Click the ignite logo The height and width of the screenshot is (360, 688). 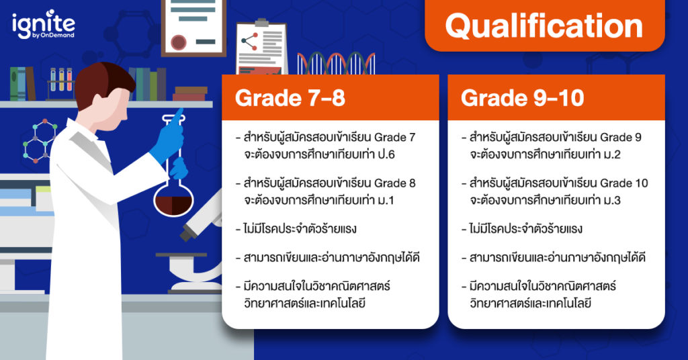pyautogui.click(x=44, y=24)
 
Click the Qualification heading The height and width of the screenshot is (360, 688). pyautogui.click(x=544, y=26)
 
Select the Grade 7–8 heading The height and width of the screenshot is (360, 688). pyautogui.click(x=290, y=97)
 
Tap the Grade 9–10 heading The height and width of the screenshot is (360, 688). pyautogui.click(x=522, y=97)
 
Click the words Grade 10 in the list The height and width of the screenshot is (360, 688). pyautogui.click(x=624, y=183)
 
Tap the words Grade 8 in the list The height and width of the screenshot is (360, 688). pyautogui.click(x=395, y=183)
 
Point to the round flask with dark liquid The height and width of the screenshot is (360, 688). pyautogui.click(x=173, y=200)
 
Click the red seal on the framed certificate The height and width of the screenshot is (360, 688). pyautogui.click(x=179, y=42)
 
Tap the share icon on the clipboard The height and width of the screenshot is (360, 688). pyautogui.click(x=249, y=42)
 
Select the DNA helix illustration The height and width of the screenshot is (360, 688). pyautogui.click(x=336, y=63)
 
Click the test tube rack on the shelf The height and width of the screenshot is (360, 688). pyautogui.click(x=61, y=83)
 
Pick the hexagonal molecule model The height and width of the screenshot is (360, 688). pyautogui.click(x=40, y=141)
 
